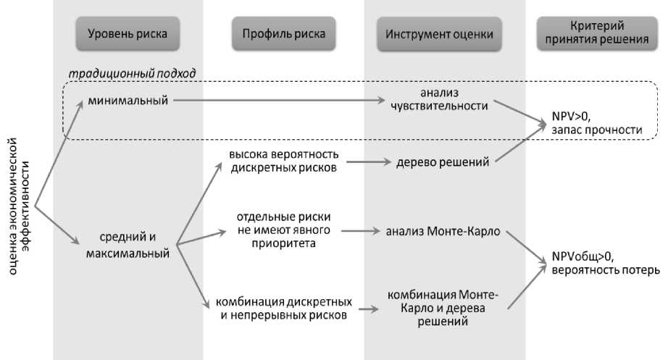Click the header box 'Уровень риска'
coord(128,34)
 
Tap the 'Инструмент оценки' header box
coord(440,34)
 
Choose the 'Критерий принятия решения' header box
coord(597,34)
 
